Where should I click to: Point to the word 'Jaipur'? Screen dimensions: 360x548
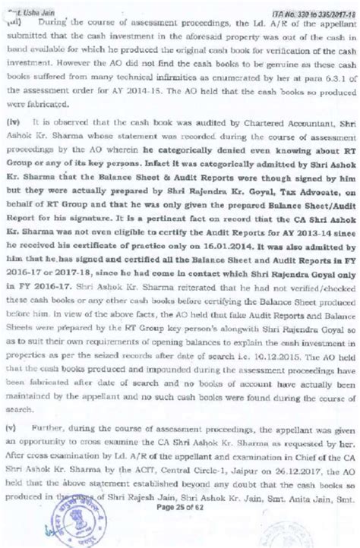(x=223, y=490)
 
